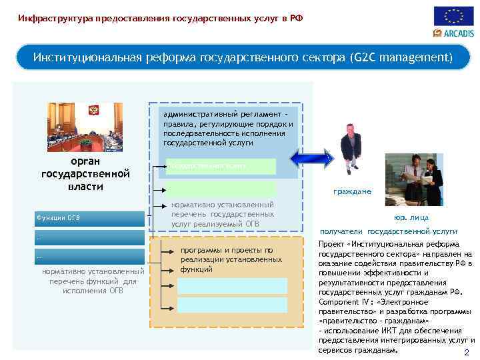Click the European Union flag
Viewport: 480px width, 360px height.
[x=454, y=16]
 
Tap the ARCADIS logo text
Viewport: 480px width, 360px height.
[x=458, y=33]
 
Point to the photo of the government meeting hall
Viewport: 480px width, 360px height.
[x=85, y=127]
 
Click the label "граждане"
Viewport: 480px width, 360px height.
[x=353, y=191]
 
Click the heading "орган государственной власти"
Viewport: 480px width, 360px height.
[x=85, y=174]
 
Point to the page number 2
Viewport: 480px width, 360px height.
[x=466, y=353]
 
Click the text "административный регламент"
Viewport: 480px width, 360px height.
[x=221, y=114]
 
